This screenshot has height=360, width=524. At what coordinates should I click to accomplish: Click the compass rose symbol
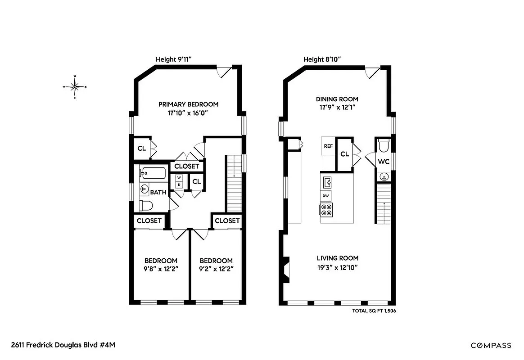point(75,86)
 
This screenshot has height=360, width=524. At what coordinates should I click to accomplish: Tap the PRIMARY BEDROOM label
point(188,104)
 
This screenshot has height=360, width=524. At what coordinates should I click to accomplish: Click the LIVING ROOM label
point(338,258)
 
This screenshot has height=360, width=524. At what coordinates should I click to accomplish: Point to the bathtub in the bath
point(152,173)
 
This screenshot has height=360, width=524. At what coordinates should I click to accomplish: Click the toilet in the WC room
point(384,147)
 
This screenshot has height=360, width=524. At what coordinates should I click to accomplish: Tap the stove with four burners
point(326,209)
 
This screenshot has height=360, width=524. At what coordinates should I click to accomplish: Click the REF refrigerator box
point(328,146)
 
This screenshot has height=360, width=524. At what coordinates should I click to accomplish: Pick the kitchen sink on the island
point(327,182)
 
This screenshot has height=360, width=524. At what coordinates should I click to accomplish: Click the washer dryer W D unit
point(179,181)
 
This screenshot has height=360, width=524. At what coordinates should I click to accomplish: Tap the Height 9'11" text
point(174,59)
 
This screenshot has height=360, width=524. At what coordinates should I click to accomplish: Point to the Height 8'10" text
point(322,59)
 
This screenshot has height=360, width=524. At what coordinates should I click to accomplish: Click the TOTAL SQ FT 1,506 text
point(374,310)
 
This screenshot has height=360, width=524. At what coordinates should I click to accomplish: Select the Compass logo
point(491,346)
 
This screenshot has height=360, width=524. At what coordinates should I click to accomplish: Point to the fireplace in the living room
point(286,270)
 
